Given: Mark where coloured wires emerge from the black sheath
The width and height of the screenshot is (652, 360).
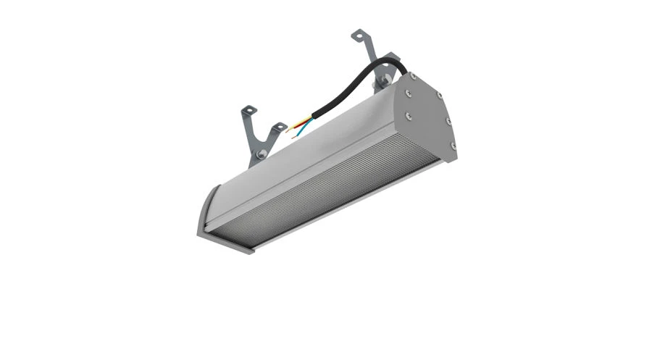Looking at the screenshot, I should coord(313,116).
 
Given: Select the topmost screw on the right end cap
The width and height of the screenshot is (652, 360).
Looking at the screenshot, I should coord(411,75).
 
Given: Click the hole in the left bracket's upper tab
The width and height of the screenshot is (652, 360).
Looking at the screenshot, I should coord(248,111).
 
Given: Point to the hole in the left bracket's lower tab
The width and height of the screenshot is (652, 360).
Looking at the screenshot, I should coord(279,128).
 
